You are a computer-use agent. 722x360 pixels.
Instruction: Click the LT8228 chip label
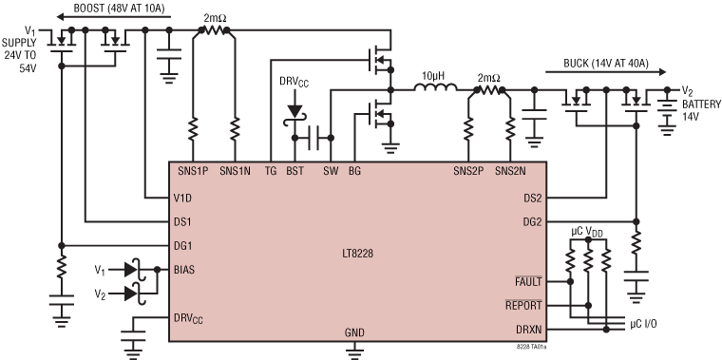click(x=360, y=253)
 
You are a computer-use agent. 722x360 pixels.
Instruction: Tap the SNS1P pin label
click(x=195, y=171)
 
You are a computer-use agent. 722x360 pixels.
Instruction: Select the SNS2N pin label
click(x=519, y=171)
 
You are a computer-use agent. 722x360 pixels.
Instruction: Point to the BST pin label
click(x=295, y=171)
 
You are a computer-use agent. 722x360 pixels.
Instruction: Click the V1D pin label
click(x=184, y=199)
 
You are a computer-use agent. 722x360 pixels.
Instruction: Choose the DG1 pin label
click(x=184, y=245)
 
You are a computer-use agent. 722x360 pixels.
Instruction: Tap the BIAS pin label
click(x=186, y=270)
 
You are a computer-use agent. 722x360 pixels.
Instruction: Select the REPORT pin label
click(x=523, y=306)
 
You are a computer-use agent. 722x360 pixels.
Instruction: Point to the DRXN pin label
click(x=527, y=330)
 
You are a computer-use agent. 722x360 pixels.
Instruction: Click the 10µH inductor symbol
click(x=435, y=91)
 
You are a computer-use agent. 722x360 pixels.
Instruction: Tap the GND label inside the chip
click(x=355, y=333)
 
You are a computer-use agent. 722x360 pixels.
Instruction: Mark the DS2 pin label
click(x=533, y=199)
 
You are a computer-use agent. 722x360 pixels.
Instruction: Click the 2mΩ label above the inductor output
click(x=488, y=77)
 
